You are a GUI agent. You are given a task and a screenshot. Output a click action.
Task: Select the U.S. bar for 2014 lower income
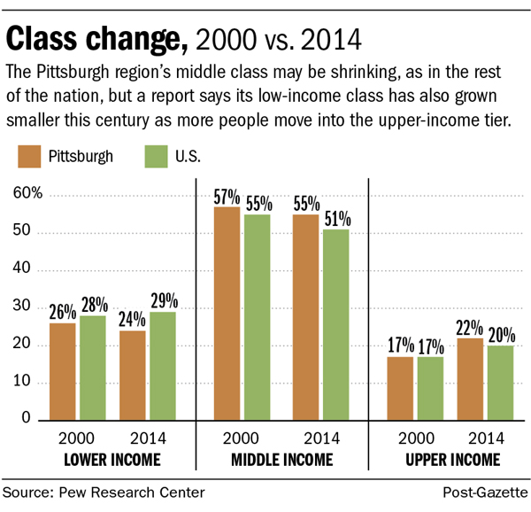163,365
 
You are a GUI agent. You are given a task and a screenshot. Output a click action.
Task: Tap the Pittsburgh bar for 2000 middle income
227,312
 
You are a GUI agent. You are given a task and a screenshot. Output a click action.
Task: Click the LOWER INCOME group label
112,459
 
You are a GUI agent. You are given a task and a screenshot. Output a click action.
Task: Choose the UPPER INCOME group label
452,459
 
